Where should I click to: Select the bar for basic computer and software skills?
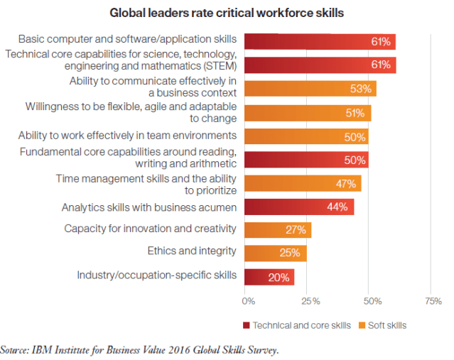(x=320, y=42)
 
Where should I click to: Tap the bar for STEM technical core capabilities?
(x=320, y=65)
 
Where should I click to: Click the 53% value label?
(x=360, y=89)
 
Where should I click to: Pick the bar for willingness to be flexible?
(x=307, y=113)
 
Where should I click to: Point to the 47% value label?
(x=346, y=183)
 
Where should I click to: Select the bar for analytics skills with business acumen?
(x=298, y=207)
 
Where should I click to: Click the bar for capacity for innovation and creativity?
(x=277, y=230)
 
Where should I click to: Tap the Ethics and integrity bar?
(x=275, y=253)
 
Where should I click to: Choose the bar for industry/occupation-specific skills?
(x=269, y=277)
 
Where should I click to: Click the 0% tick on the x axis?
(x=248, y=301)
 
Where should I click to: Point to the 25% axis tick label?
(x=309, y=301)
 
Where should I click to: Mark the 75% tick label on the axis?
(x=433, y=301)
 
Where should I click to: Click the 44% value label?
(x=337, y=207)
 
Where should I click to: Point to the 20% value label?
(x=280, y=277)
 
